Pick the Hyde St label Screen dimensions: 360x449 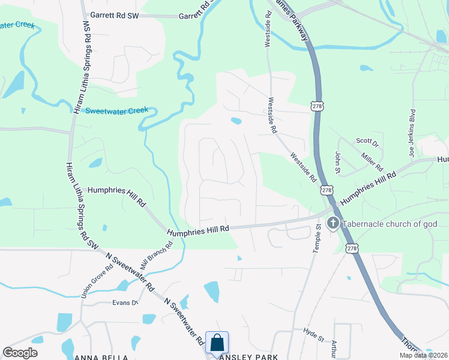pos(313,331)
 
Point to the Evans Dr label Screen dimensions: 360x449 pos(125,302)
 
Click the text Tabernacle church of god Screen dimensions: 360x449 pos(390,224)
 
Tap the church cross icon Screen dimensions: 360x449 pos(333,224)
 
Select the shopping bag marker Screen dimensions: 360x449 pos(217,343)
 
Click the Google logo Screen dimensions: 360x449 pos(20,353)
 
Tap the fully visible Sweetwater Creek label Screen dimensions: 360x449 pos(116,110)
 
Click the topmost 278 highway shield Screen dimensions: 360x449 pos(317,106)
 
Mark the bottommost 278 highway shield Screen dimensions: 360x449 pos(352,248)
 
